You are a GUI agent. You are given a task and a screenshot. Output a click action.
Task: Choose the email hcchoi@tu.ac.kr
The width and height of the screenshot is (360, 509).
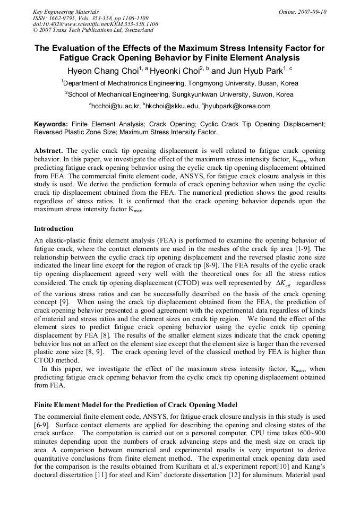[115, 106]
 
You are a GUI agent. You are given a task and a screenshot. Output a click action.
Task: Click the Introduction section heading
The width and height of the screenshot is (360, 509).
[54, 229]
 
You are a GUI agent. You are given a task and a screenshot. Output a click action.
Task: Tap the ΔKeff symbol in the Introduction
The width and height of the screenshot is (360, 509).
[285, 284]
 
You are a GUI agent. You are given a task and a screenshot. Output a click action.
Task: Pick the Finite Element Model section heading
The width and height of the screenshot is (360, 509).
[135, 405]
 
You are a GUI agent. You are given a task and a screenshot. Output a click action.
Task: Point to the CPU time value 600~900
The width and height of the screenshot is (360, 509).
[307, 432]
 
